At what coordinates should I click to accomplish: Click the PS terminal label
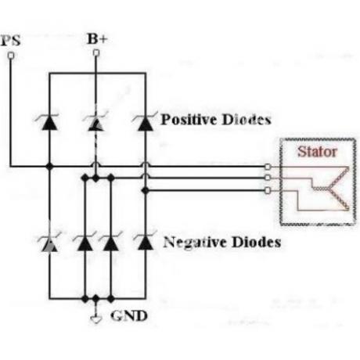click(x=11, y=41)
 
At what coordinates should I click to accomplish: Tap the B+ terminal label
click(x=97, y=39)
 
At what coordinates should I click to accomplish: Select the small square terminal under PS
click(x=11, y=56)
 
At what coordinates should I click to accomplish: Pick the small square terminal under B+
click(x=96, y=53)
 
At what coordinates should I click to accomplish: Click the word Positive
click(x=189, y=120)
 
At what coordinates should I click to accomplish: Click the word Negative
click(x=195, y=242)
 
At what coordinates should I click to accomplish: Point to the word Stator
click(x=317, y=152)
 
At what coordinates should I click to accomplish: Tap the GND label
click(x=129, y=316)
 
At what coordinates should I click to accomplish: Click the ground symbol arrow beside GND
click(x=96, y=319)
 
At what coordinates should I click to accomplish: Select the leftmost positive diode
click(x=49, y=122)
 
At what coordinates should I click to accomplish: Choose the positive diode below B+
click(x=95, y=122)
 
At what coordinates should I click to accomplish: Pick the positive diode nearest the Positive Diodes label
click(x=146, y=121)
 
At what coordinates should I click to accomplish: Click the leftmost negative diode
click(x=49, y=243)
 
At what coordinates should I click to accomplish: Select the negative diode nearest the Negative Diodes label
click(x=146, y=241)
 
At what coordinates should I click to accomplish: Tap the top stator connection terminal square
click(x=268, y=167)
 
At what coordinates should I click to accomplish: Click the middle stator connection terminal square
click(x=268, y=178)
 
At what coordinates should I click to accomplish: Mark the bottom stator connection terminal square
click(x=268, y=191)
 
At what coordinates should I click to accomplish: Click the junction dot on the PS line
click(x=49, y=166)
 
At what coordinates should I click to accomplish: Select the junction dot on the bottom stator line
click(x=146, y=191)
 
